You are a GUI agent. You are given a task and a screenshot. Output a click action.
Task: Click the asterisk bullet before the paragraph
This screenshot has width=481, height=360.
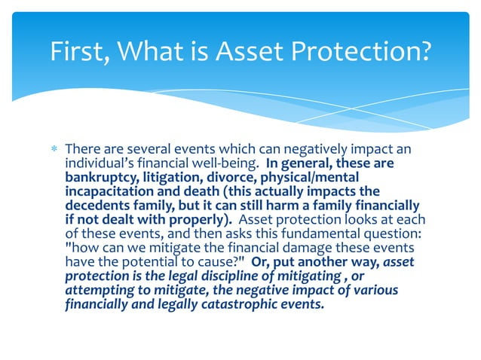pyautogui.click(x=54, y=150)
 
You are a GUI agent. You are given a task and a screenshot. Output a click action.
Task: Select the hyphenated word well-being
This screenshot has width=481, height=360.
pyautogui.click(x=221, y=163)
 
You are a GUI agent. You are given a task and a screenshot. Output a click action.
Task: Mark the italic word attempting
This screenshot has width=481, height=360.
pyautogui.click(x=100, y=290)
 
